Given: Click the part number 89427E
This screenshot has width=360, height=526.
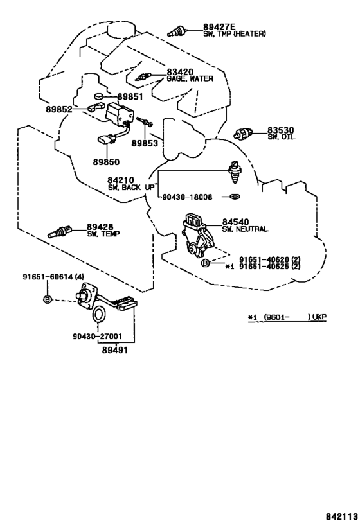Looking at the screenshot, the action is (x=219, y=27).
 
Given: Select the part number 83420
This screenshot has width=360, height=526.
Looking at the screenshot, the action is (x=181, y=72).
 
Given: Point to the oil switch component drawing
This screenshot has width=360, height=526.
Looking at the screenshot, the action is (x=244, y=134).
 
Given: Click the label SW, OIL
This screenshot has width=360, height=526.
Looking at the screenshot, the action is (x=282, y=137).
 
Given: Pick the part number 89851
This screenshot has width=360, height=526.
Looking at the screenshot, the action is (x=130, y=97).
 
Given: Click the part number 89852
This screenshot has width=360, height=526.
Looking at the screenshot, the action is (x=59, y=109).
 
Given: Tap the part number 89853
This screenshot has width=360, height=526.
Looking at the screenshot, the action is (x=145, y=143).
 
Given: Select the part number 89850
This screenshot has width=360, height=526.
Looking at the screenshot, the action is (x=106, y=162).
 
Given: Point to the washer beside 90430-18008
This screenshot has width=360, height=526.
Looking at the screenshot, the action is (x=236, y=197).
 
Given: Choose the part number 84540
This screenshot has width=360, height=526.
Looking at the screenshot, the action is (x=236, y=222).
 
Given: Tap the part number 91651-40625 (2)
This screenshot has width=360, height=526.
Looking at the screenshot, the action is (x=269, y=267).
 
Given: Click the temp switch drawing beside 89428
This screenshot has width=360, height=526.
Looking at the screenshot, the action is (x=60, y=232).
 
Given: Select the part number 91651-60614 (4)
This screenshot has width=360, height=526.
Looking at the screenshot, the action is (x=54, y=277).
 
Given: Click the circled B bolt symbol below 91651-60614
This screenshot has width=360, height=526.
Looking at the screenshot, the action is (x=48, y=299).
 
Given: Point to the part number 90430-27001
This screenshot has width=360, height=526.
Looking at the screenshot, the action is (x=97, y=336).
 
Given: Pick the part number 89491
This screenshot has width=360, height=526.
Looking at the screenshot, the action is (x=115, y=350).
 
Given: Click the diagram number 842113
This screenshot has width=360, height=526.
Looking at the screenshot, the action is (x=341, y=516).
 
